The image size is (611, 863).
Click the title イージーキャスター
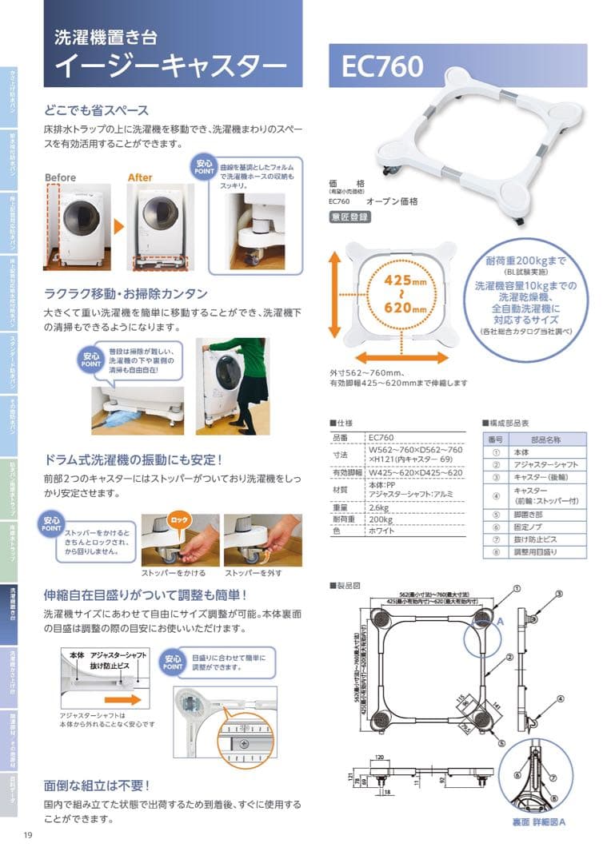click(x=169, y=65)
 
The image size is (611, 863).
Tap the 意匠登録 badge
click(x=349, y=217)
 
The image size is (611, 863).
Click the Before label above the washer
click(x=61, y=177)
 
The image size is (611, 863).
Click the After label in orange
click(x=140, y=177)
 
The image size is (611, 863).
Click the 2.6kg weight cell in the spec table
click(x=378, y=507)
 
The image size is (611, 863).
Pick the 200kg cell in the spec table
click(x=380, y=518)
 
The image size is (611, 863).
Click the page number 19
click(x=27, y=836)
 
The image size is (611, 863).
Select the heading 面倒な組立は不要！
click(x=98, y=785)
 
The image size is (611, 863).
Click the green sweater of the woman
click(x=247, y=357)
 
